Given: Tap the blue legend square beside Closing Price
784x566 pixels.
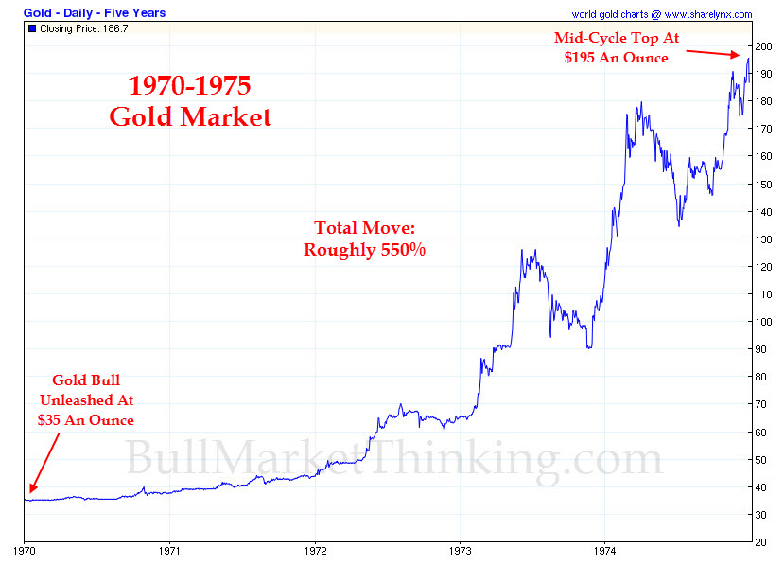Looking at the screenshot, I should click(x=32, y=29).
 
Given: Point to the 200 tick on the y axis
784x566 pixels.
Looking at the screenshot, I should click(x=763, y=46).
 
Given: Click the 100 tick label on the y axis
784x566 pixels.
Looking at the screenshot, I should click(x=763, y=322).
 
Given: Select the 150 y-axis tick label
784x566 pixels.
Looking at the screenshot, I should click(x=763, y=184).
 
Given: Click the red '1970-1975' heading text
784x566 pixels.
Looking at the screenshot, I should click(x=189, y=87).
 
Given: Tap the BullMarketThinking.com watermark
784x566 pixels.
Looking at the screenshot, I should click(x=392, y=459).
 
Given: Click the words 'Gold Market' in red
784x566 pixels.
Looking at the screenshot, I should click(x=190, y=117).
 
